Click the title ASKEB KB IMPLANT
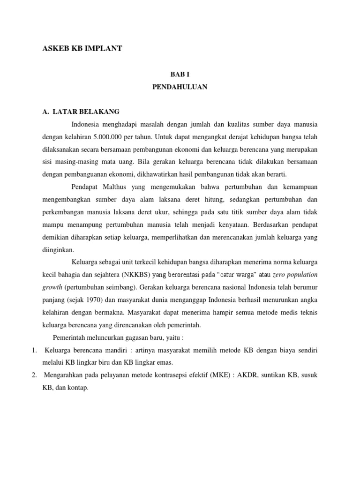click(82, 48)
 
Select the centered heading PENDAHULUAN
click(180, 87)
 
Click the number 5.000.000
click(109, 136)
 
